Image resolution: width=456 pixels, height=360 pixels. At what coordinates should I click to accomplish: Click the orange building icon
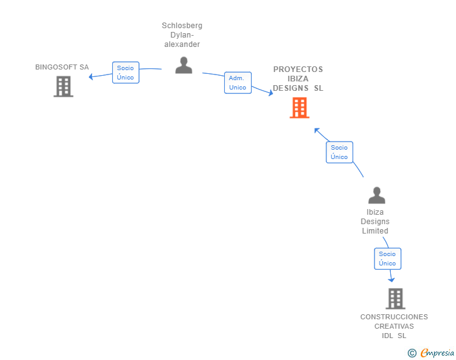pyautogui.click(x=299, y=108)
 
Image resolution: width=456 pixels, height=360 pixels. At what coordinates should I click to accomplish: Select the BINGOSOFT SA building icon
pyautogui.click(x=63, y=86)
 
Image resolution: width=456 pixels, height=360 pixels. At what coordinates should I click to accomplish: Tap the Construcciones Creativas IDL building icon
pyautogui.click(x=395, y=299)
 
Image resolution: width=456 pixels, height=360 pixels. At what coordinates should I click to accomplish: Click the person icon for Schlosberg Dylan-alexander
pyautogui.click(x=184, y=65)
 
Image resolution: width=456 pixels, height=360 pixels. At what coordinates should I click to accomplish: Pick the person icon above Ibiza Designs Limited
pyautogui.click(x=376, y=195)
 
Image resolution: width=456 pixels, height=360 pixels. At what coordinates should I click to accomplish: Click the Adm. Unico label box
pyautogui.click(x=238, y=83)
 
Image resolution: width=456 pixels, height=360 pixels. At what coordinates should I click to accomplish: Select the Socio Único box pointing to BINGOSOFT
pyautogui.click(x=126, y=73)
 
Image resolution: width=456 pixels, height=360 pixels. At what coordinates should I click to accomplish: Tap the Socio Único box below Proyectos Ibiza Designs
pyautogui.click(x=339, y=152)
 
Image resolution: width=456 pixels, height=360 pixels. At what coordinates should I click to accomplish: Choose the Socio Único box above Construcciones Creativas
pyautogui.click(x=388, y=259)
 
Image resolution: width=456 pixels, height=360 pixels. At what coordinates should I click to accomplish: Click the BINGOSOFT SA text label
pyautogui.click(x=62, y=67)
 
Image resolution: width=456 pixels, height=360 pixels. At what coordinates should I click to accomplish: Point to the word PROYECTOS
pyautogui.click(x=298, y=69)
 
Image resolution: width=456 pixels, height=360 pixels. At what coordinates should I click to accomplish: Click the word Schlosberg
pyautogui.click(x=182, y=26)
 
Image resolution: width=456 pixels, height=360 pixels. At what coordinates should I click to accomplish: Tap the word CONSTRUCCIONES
pyautogui.click(x=394, y=317)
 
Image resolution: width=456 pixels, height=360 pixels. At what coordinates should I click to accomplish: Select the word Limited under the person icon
pyautogui.click(x=375, y=231)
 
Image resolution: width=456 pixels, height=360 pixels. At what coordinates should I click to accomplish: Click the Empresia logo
pyautogui.click(x=437, y=352)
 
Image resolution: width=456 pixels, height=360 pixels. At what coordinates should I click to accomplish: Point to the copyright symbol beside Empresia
pyautogui.click(x=412, y=353)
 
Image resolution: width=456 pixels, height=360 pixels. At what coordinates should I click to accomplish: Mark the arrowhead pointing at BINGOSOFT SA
pyautogui.click(x=91, y=77)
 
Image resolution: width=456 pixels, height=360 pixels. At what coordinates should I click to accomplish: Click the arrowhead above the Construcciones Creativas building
pyautogui.click(x=391, y=280)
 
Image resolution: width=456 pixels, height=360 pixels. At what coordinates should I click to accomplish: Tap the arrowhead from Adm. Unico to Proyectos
pyautogui.click(x=271, y=93)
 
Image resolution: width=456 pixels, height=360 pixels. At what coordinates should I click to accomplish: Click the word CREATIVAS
pyautogui.click(x=394, y=326)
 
